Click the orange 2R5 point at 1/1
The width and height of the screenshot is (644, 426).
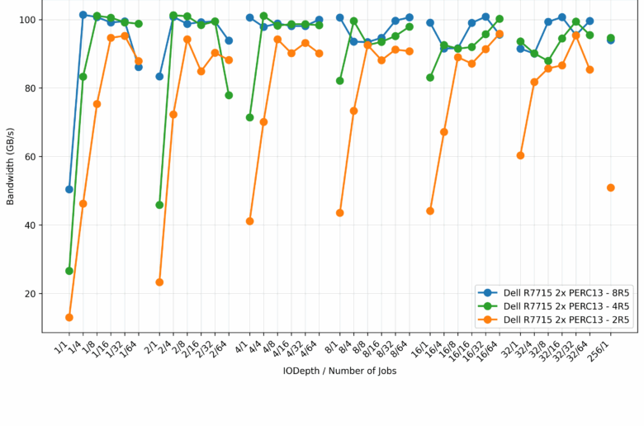pos(69,317)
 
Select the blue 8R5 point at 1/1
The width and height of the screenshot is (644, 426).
pos(69,189)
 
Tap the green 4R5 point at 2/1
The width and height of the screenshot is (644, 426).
pos(159,205)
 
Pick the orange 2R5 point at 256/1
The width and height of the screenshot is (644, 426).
pos(611,187)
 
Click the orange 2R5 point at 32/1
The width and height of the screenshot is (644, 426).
pos(520,155)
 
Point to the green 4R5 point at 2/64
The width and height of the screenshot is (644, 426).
pos(229,95)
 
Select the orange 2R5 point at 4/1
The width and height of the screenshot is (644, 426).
pos(249,221)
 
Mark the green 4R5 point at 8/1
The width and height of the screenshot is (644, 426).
pos(340,81)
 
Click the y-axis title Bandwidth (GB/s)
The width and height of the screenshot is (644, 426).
pos(11,166)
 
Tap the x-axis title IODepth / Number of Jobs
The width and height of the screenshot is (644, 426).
pos(339,372)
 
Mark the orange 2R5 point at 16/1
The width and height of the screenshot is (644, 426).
pos(430,211)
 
